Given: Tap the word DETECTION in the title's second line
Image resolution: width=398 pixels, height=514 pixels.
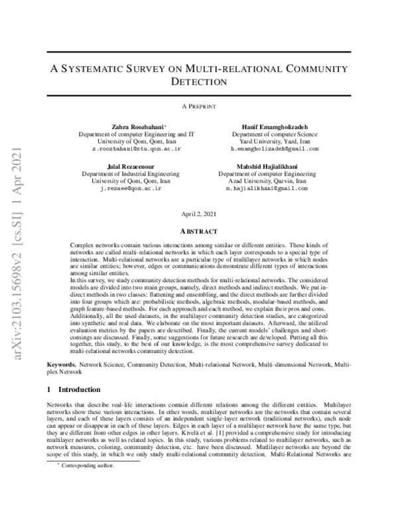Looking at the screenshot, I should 199,82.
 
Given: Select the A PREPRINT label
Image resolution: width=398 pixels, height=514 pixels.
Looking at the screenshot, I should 199,106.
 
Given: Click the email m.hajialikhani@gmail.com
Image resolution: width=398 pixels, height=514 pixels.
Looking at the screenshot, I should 267,189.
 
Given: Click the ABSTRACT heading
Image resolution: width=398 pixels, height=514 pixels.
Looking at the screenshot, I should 199,231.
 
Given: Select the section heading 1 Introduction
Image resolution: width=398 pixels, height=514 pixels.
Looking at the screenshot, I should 74,389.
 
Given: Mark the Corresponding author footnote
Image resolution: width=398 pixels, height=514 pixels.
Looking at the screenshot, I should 86,503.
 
